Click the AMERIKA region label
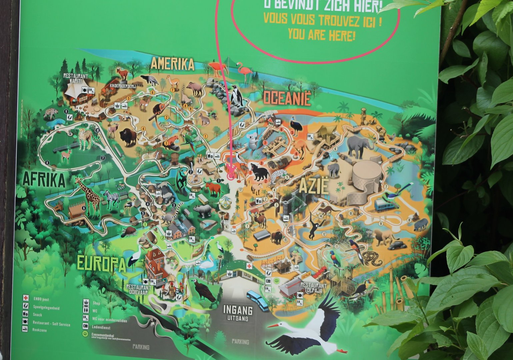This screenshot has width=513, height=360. (172, 64)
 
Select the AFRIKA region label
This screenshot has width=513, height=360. (44, 180)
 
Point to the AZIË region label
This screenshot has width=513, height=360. (313, 187)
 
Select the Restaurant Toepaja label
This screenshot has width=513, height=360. (313, 288)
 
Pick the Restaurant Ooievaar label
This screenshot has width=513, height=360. (139, 290)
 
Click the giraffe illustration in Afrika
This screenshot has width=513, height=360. (89, 197)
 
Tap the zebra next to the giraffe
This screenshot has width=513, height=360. (112, 198)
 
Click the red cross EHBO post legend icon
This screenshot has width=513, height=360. (25, 297)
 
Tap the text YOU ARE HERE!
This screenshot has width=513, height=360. (321, 34)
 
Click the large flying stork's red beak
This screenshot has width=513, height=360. (273, 325)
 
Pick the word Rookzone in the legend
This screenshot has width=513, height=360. (40, 330)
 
